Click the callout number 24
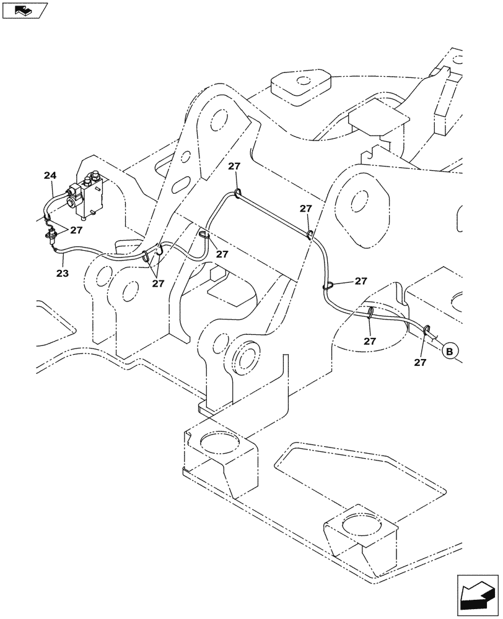click(x=50, y=176)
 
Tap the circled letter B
click(x=450, y=351)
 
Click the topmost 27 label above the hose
click(x=234, y=167)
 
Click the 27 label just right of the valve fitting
click(x=76, y=230)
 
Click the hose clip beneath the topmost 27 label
click(x=238, y=195)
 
